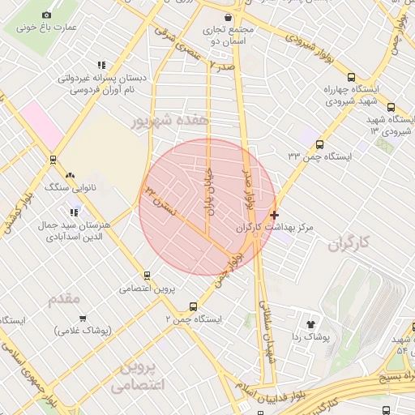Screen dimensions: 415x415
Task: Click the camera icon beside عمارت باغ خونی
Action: click(x=45, y=15)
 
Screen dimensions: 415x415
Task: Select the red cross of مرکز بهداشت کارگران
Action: click(x=275, y=215)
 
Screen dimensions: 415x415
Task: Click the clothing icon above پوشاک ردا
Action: click(x=310, y=324)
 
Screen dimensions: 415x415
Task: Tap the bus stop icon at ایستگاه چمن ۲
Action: click(x=192, y=306)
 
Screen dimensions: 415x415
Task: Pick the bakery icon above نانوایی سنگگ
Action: click(x=70, y=175)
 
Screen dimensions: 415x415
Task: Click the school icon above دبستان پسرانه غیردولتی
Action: click(x=101, y=66)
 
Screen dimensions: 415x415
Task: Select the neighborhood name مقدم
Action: click(x=64, y=299)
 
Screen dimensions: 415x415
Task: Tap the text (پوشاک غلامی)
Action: click(x=84, y=330)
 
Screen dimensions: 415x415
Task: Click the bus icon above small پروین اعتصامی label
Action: click(x=147, y=276)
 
